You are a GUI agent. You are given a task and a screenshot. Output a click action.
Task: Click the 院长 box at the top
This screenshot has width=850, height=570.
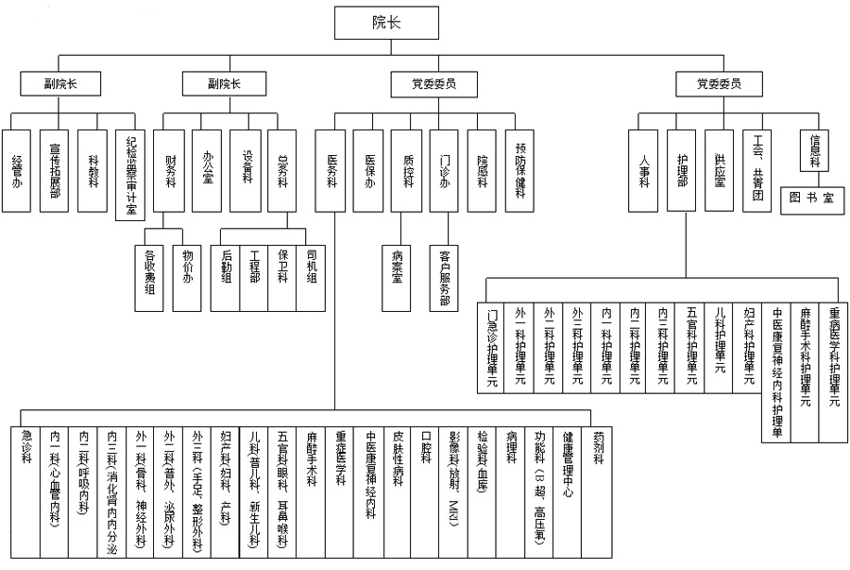(385, 23)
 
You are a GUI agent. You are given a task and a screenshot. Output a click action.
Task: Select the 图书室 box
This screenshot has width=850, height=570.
(813, 199)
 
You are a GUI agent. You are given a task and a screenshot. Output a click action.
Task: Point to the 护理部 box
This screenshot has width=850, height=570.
(681, 168)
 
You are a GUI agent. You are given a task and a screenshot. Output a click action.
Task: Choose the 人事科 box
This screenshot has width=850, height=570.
(643, 168)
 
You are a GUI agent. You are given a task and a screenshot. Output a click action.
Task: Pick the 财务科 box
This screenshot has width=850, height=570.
(169, 168)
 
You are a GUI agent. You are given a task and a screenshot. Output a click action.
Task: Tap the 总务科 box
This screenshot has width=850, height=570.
(282, 168)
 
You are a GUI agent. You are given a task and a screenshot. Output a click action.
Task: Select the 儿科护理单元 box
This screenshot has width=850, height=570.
(721, 346)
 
